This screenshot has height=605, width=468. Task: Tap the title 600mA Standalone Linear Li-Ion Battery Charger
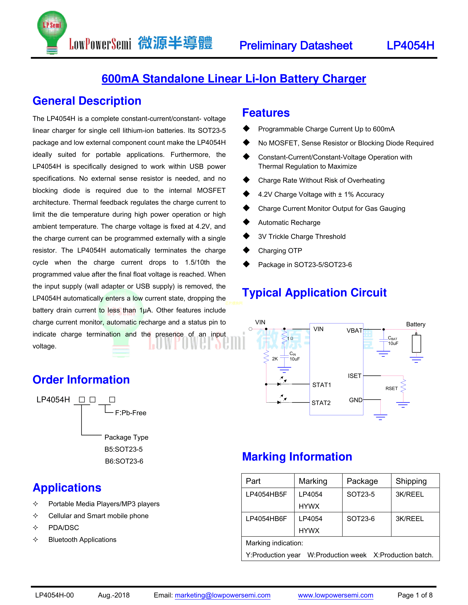[234, 79]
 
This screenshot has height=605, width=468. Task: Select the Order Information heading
[81, 379]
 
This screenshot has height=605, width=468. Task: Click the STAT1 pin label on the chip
[322, 385]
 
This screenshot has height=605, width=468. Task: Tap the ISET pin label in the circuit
[354, 376]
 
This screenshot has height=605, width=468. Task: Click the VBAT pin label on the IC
[354, 331]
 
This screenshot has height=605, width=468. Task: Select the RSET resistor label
[391, 388]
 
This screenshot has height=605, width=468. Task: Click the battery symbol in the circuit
[416, 344]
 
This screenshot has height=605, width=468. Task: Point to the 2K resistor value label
[275, 359]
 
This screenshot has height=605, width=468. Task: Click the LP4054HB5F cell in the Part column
[266, 494]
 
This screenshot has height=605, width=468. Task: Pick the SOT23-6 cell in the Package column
[360, 519]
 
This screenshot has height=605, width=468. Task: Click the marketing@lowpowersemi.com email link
[222, 595]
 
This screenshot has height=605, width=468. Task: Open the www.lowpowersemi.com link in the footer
[335, 595]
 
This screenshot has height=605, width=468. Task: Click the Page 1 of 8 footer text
[415, 595]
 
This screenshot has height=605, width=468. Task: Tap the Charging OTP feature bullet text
[280, 251]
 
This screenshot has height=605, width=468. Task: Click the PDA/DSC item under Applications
[64, 528]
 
